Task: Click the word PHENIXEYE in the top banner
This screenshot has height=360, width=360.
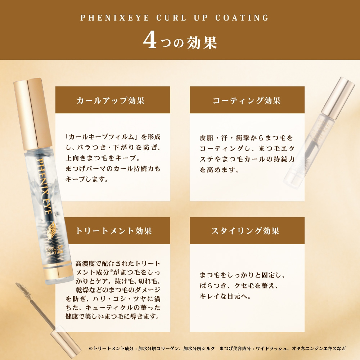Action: click(x=114, y=18)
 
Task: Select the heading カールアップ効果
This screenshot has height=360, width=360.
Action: click(x=111, y=100)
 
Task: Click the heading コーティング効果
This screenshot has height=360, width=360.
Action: click(x=247, y=100)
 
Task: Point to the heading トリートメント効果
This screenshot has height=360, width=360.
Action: click(x=114, y=230)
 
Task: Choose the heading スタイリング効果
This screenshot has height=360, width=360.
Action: click(x=245, y=230)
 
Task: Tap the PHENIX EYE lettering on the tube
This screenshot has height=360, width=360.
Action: click(x=44, y=186)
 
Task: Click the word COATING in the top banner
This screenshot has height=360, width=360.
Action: click(x=242, y=18)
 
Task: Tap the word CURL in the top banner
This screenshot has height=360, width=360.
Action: click(x=171, y=18)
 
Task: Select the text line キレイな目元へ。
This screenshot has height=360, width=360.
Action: click(x=225, y=296)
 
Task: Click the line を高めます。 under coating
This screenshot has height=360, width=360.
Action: click(x=219, y=170)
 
